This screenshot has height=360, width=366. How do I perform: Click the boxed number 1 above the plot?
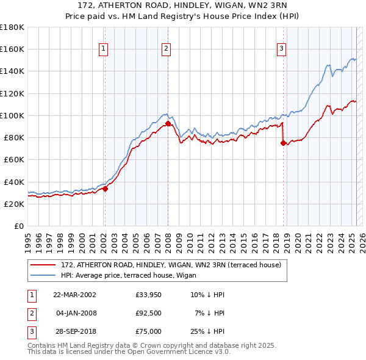(104, 49)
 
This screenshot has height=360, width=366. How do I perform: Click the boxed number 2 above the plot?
(166, 49)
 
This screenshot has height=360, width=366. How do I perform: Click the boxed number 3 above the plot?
(281, 49)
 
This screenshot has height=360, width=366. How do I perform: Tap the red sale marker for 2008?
(168, 123)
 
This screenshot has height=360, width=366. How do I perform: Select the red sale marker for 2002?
(105, 189)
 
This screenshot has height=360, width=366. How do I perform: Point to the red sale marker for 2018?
(283, 143)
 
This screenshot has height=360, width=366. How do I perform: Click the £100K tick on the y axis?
(12, 115)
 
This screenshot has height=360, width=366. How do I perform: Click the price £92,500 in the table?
(148, 313)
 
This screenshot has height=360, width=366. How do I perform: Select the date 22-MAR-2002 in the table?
(74, 295)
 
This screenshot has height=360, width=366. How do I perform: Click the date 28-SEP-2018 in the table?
(74, 331)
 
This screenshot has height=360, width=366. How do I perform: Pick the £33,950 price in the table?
(148, 295)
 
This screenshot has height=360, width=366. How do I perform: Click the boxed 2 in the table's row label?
(30, 313)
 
